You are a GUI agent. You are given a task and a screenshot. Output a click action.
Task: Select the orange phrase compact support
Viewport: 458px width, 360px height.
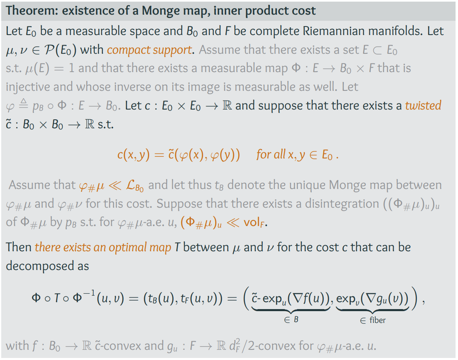[149, 50]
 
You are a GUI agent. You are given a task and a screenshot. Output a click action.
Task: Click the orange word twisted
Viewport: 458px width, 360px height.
[423, 105]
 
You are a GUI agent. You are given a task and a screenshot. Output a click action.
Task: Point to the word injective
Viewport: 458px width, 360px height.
[26, 87]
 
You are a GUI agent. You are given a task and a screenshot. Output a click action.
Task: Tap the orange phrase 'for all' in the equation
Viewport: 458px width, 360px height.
[270, 155]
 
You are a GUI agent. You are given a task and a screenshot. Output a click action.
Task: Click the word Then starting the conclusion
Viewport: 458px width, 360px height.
[19, 247]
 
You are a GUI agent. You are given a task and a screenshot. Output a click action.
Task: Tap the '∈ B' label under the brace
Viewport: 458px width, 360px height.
[291, 320]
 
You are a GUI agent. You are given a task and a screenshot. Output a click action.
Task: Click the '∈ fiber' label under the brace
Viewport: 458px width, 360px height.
[372, 320]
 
